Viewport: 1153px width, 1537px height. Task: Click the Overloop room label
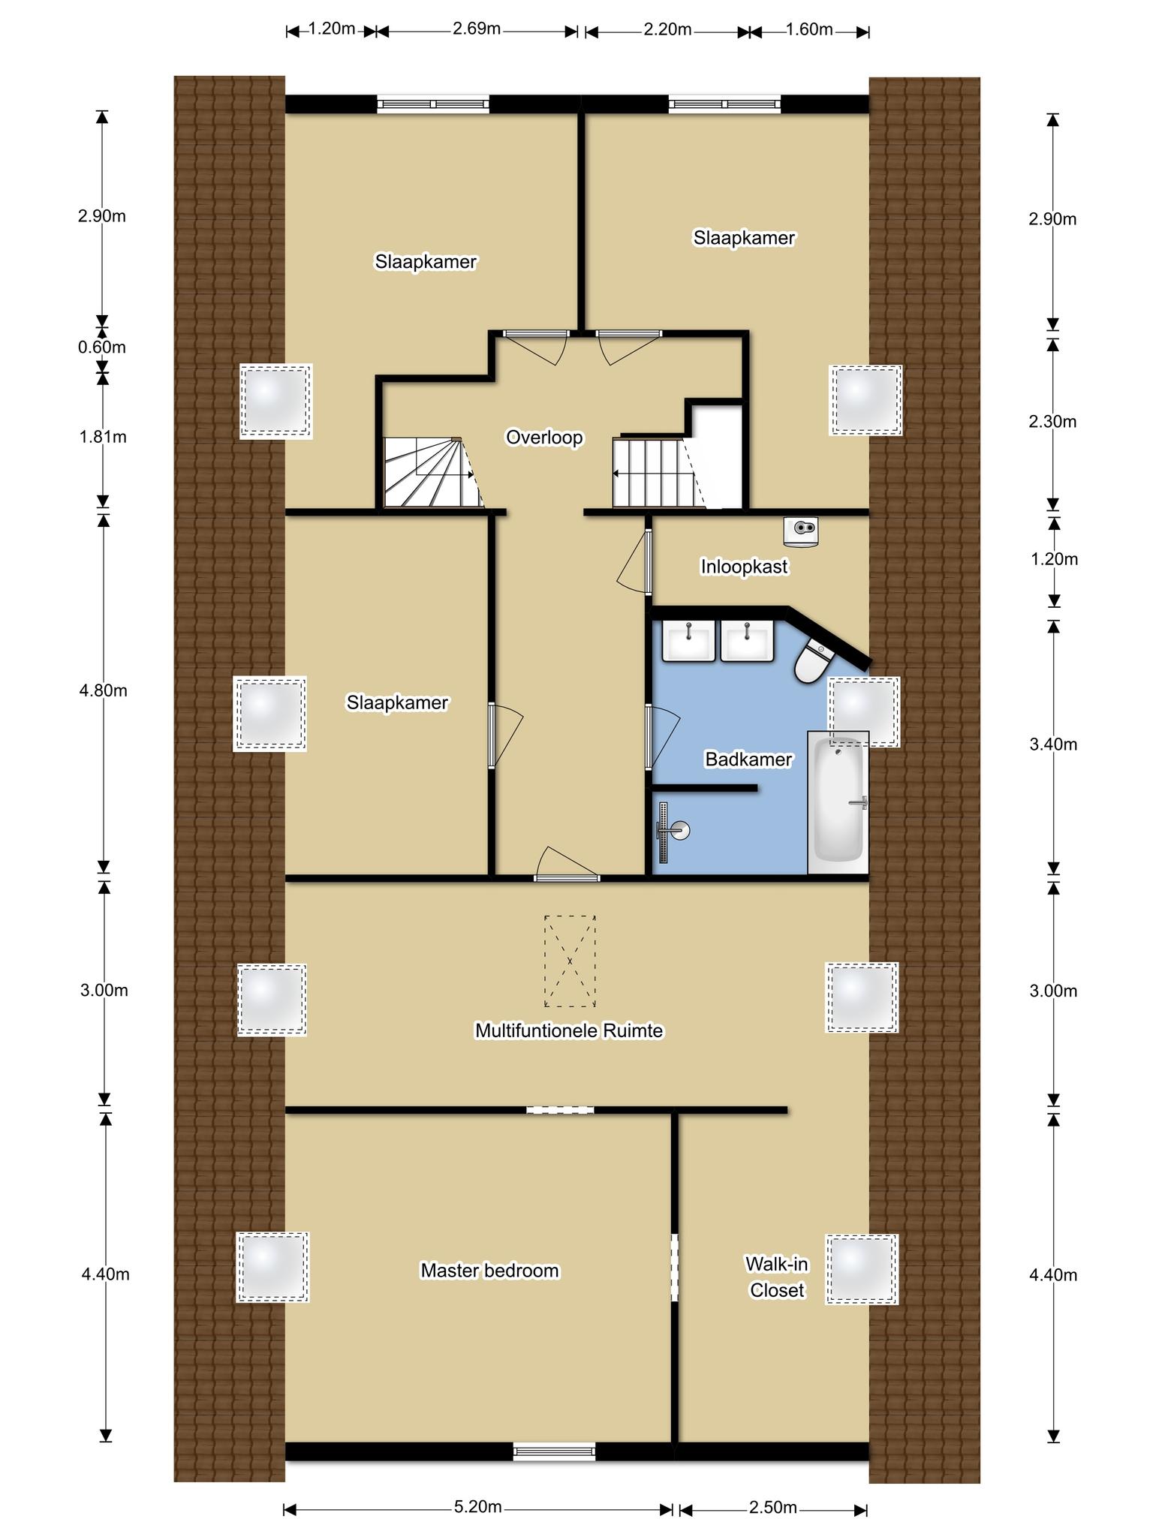click(x=544, y=438)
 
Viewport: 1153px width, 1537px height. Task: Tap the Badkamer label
click(x=748, y=759)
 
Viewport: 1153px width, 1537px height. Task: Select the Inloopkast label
click(x=744, y=567)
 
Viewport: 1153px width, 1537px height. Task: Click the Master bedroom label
click(x=489, y=1271)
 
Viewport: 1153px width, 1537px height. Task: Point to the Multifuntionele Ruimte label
click(x=569, y=1030)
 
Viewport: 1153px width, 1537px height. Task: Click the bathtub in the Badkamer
click(x=838, y=802)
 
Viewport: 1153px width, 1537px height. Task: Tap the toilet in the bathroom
click(x=813, y=658)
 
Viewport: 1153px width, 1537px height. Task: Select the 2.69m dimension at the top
click(x=477, y=29)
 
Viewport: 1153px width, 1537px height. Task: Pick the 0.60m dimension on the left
click(x=102, y=347)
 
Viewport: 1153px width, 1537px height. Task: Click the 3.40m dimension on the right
click(x=1053, y=744)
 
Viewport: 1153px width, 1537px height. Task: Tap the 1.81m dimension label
click(x=103, y=437)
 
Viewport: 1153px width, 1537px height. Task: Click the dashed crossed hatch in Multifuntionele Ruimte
click(x=570, y=961)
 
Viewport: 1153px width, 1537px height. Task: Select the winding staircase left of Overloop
click(x=430, y=473)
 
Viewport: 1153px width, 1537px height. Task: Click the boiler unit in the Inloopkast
click(x=800, y=531)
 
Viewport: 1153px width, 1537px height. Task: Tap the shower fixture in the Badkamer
click(x=670, y=832)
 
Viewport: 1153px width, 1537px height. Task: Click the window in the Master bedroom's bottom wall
click(x=554, y=1451)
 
